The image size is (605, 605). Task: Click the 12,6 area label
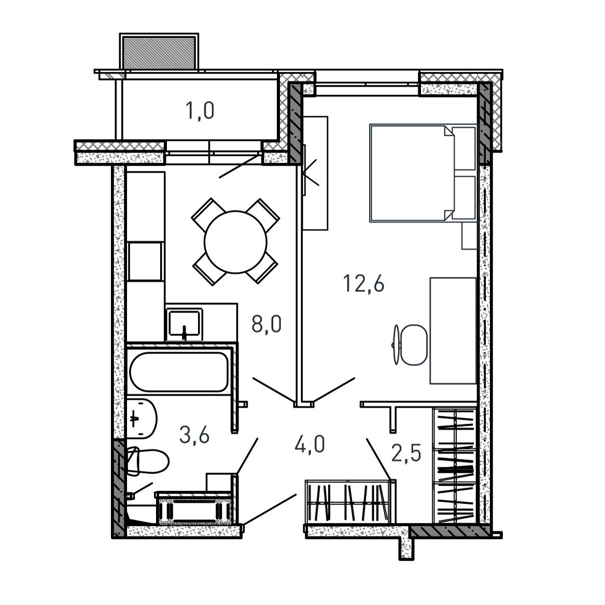[x=363, y=285]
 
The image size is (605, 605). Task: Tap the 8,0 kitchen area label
[x=266, y=323]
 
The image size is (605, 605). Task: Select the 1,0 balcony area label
[x=200, y=111]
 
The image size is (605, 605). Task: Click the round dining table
[x=235, y=242]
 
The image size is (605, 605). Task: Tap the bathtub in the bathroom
[x=179, y=372]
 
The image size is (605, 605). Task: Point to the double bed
[x=423, y=173]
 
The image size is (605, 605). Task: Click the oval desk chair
[x=414, y=345]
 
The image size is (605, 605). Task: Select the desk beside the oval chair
[x=454, y=331]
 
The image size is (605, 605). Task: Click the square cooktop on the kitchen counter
[x=145, y=261]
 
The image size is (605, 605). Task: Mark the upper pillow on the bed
[x=464, y=149]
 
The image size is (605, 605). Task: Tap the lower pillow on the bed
[x=464, y=198]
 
